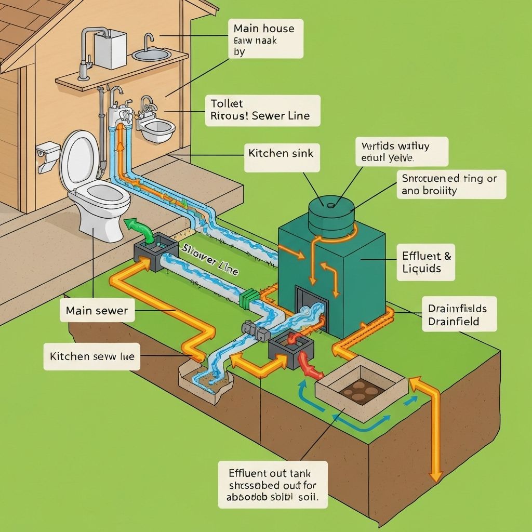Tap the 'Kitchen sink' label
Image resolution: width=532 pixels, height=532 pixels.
point(282,154)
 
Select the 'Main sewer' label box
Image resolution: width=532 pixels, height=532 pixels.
point(97,311)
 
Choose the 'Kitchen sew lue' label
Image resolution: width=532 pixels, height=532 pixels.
point(91,357)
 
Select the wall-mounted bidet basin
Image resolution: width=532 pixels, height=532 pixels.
point(155,129)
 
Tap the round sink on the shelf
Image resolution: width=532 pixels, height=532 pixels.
point(151,54)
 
